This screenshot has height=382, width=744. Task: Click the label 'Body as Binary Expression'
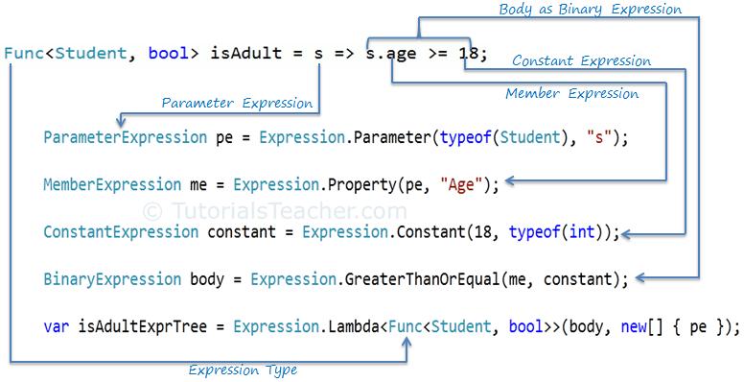pyautogui.click(x=590, y=10)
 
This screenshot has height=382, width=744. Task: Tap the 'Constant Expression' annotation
pyautogui.click(x=581, y=61)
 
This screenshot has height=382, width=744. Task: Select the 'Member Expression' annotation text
pyautogui.click(x=572, y=94)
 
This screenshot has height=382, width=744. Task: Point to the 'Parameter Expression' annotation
pyautogui.click(x=237, y=103)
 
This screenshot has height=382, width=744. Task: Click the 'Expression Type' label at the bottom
pyautogui.click(x=243, y=370)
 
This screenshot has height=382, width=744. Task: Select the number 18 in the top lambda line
pyautogui.click(x=468, y=54)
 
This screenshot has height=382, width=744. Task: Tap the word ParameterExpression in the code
pyautogui.click(x=126, y=137)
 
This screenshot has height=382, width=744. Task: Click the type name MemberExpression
pyautogui.click(x=112, y=184)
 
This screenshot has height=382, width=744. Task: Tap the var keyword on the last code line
pyautogui.click(x=55, y=327)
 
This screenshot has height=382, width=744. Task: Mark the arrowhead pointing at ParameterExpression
pyautogui.click(x=120, y=122)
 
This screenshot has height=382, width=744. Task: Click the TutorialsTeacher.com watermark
pyautogui.click(x=276, y=210)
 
